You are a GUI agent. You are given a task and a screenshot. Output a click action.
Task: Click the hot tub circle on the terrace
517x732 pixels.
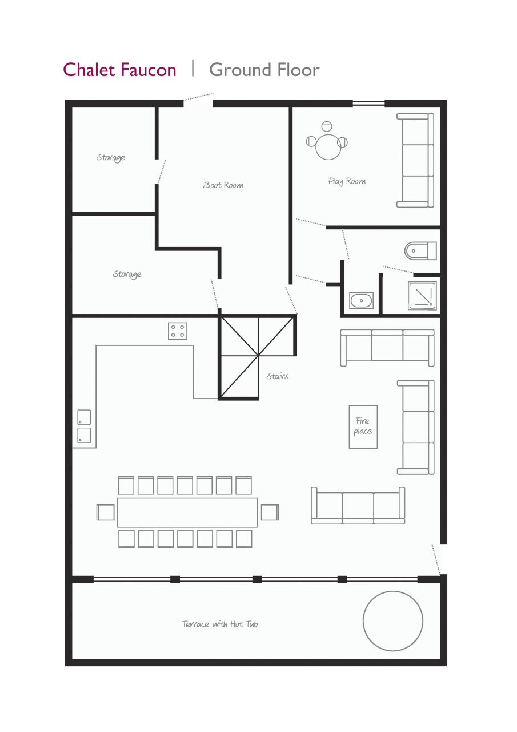point(393,621)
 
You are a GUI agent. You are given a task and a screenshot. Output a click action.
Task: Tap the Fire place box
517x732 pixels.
point(363,427)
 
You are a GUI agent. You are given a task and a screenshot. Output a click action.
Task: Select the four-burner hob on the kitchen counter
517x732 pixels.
point(178,331)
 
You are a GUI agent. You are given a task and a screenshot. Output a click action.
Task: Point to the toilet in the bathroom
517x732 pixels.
point(420,250)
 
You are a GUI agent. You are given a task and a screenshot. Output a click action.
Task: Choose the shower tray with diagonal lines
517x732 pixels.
point(422,296)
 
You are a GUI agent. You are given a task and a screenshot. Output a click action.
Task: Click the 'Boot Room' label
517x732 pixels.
point(223,185)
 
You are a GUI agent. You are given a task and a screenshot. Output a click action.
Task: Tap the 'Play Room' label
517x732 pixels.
point(347,181)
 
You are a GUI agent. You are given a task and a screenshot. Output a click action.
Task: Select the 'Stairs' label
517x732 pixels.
point(277,376)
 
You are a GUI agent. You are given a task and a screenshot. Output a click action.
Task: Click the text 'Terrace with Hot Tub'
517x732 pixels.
point(219,624)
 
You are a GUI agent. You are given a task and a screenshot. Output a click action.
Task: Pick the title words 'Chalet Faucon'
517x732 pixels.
point(119,70)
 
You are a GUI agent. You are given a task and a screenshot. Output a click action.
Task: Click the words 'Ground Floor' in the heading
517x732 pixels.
point(264,70)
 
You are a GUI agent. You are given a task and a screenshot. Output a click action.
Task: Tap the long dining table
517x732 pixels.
point(187,512)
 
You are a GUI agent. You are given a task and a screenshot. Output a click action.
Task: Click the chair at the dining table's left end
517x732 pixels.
point(106,512)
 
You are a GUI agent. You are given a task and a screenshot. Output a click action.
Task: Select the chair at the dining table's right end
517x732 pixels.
point(270,512)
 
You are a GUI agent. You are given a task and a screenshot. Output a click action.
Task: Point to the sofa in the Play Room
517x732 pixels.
point(415,160)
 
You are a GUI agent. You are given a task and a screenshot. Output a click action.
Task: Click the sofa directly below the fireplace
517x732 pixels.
point(358,506)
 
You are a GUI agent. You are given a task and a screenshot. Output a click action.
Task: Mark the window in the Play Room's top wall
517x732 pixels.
point(368,104)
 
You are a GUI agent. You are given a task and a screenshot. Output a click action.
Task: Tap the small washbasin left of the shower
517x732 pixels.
point(361,300)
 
